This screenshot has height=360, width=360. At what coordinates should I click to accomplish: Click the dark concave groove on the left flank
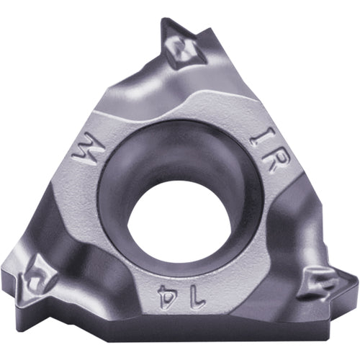61,216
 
